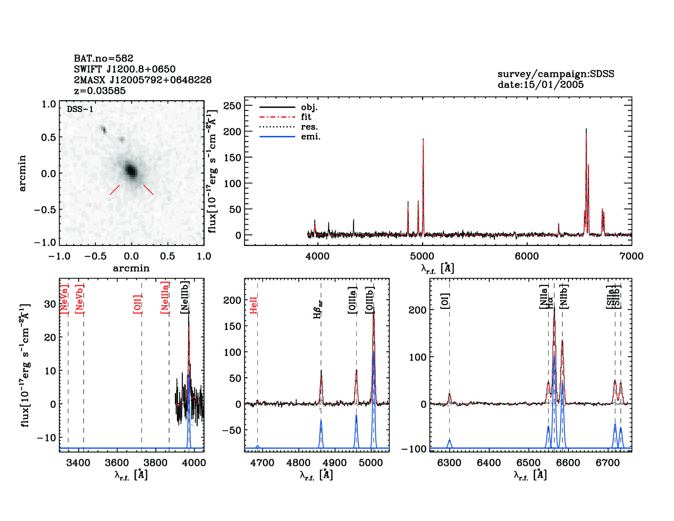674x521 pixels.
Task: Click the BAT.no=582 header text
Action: [103, 58]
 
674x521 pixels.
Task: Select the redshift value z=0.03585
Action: [100, 91]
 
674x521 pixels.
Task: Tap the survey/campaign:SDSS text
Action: [556, 74]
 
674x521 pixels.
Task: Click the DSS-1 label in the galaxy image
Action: [80, 109]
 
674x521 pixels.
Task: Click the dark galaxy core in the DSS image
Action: [131, 170]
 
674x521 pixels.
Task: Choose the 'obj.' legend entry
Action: [309, 107]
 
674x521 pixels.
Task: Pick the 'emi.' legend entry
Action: [310, 137]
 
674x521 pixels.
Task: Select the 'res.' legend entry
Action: [309, 127]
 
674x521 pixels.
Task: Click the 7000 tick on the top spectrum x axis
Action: [631, 256]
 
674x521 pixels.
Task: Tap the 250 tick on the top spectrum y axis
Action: [232, 106]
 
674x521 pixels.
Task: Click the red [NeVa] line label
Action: [64, 299]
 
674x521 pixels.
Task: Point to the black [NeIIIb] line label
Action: [185, 297]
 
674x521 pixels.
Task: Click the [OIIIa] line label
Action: [353, 300]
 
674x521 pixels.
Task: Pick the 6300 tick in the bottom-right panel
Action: [449, 463]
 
